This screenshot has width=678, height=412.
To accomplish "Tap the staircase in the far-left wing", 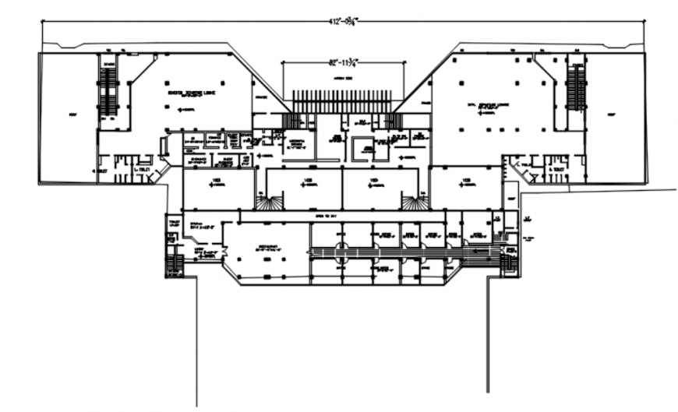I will tap(107, 90).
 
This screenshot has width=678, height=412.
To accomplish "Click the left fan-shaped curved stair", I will tap(267, 202).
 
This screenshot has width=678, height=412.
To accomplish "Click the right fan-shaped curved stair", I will tap(414, 202).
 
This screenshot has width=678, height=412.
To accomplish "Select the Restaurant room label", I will tap(267, 248).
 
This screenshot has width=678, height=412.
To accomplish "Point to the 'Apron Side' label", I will tap(344, 79).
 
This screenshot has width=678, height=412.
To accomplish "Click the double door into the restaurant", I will tap(223, 251).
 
